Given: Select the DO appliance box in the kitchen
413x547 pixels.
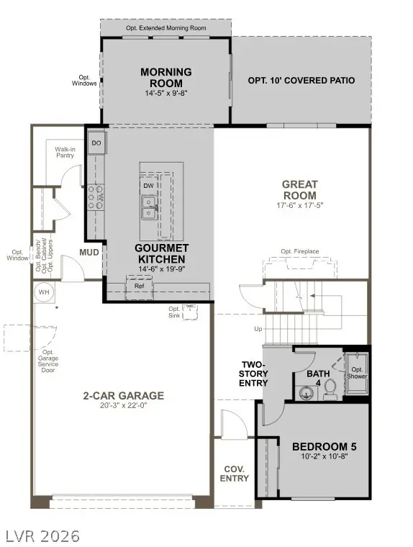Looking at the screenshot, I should (x=96, y=144).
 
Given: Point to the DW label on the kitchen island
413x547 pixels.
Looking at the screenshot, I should (x=148, y=185).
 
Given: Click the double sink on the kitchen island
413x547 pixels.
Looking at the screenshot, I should (x=150, y=208).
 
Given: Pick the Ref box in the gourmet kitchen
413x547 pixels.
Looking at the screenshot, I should (x=139, y=286).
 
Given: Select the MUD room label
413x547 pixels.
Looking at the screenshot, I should (x=89, y=253).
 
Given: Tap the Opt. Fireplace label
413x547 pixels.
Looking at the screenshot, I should (x=300, y=251).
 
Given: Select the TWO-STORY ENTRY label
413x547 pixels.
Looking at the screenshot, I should (x=254, y=374).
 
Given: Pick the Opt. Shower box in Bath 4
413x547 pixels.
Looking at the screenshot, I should (x=358, y=372).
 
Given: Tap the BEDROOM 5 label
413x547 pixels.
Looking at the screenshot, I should (x=324, y=446).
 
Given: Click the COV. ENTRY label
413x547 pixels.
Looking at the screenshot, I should (x=235, y=473).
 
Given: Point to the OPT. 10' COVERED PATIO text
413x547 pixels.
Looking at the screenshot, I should (x=301, y=81).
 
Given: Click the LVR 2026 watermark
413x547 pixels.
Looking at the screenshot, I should (x=41, y=535).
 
